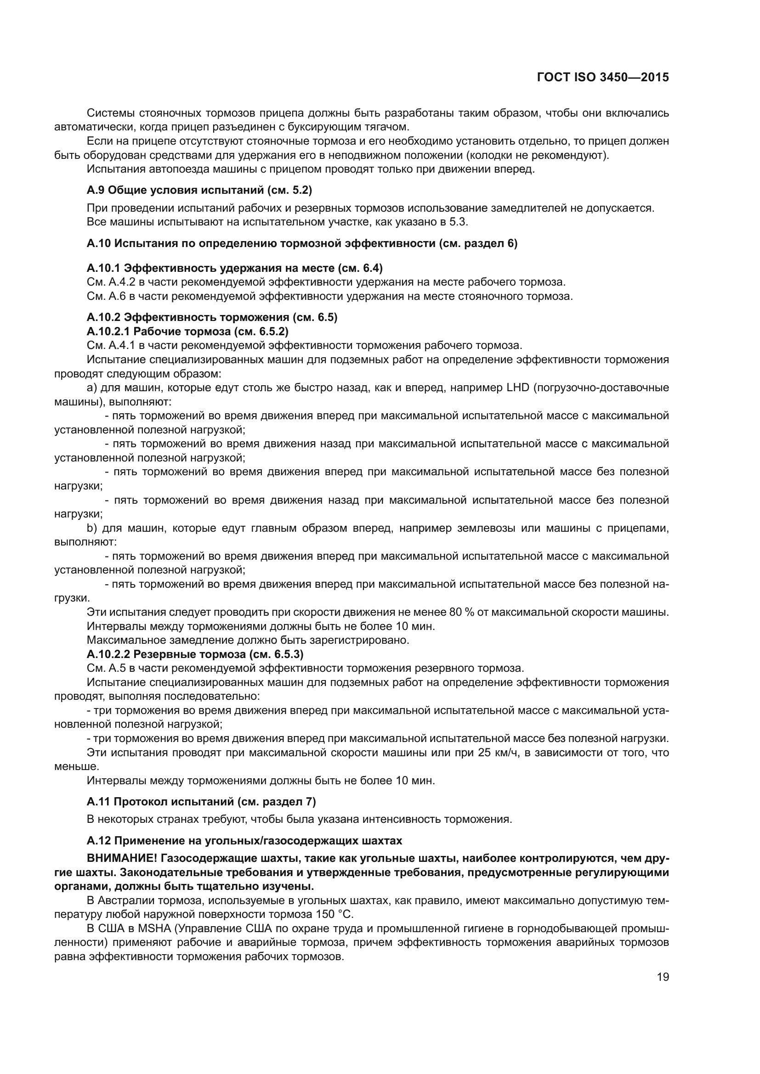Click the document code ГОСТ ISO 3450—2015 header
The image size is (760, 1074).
tap(603, 78)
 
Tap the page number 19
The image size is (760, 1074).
tap(663, 977)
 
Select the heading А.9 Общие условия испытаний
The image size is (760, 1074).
tap(199, 190)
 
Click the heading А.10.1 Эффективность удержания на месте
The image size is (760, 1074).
tap(234, 268)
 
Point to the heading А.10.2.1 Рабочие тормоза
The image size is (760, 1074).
tap(187, 331)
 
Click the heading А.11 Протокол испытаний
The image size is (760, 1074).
tap(201, 801)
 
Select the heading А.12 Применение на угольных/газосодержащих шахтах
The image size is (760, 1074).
tap(244, 841)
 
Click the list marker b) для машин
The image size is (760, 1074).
tap(92, 528)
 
